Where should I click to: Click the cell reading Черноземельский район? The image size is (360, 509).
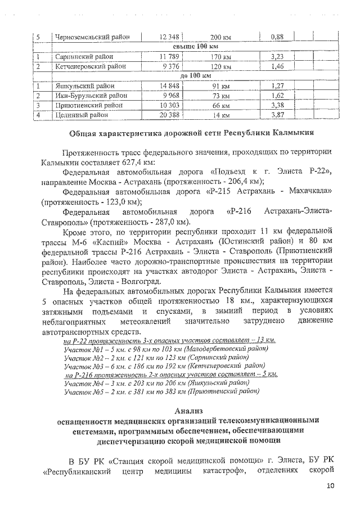pyautogui.click(x=93, y=37)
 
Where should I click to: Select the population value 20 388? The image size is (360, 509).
pyautogui.click(x=169, y=115)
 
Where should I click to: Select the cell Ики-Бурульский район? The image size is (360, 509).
pyautogui.click(x=91, y=96)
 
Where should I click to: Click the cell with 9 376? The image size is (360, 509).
pyautogui.click(x=169, y=66)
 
